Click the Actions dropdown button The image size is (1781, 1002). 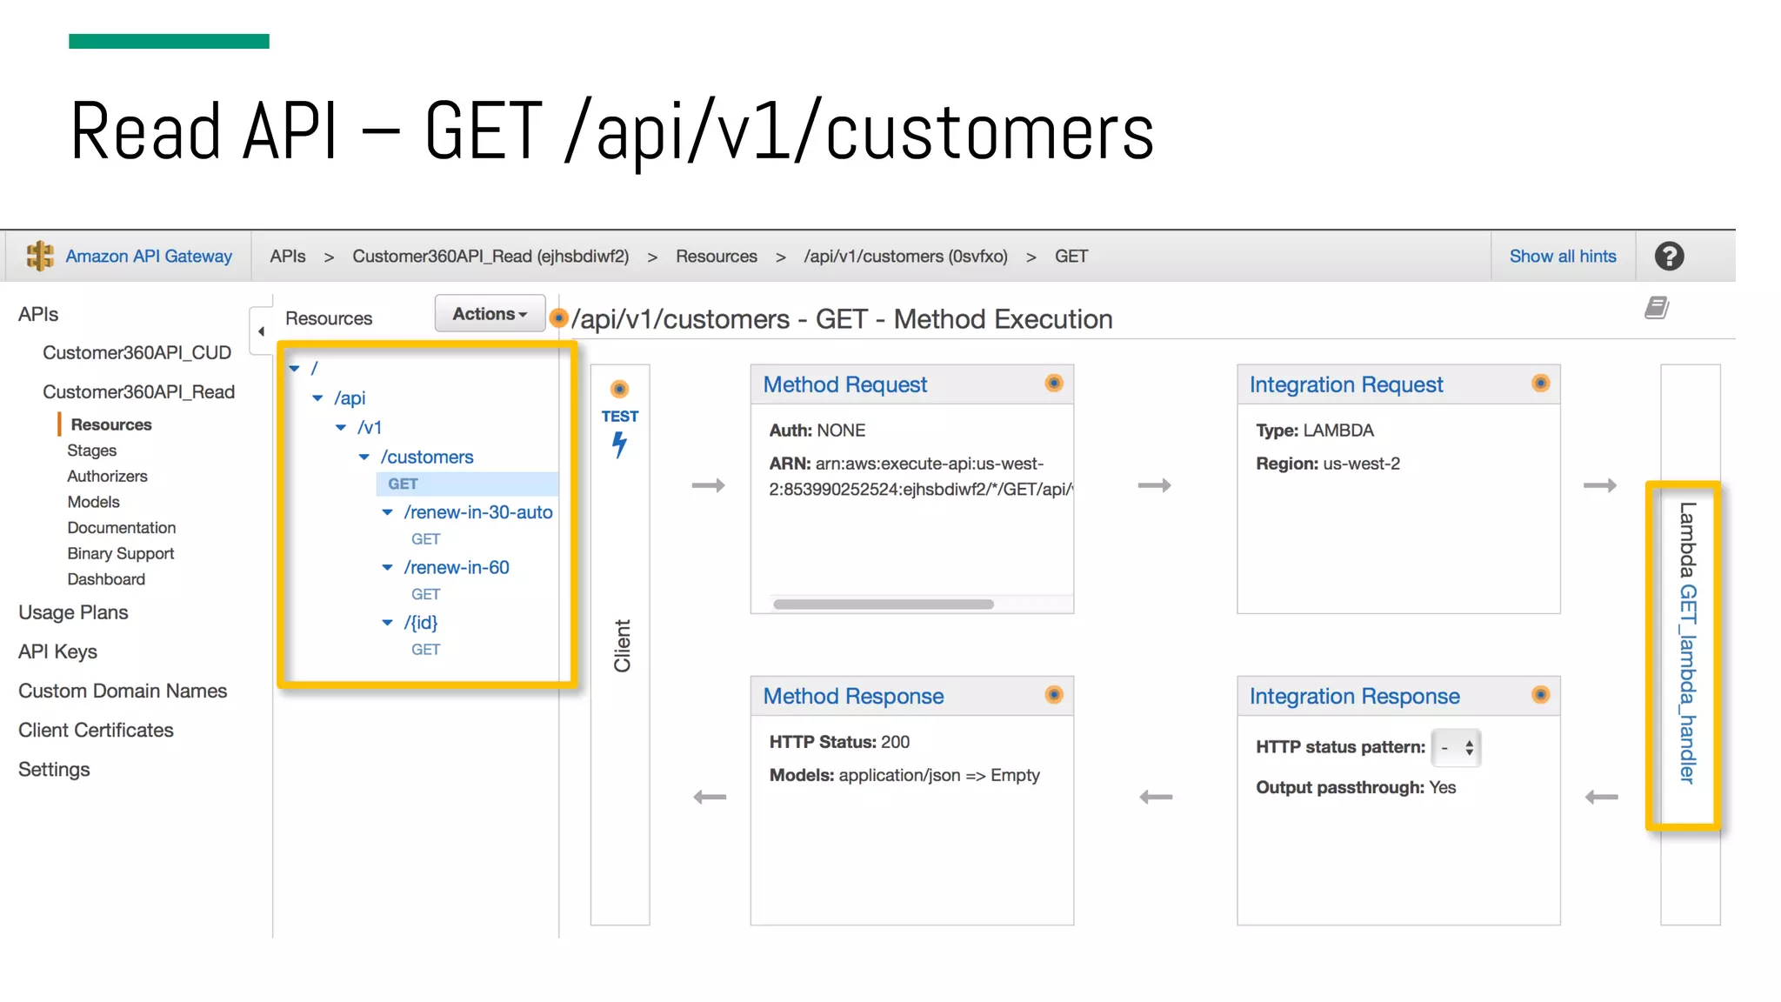click(x=490, y=314)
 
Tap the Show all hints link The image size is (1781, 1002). click(x=1563, y=257)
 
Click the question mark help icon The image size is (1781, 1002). click(x=1669, y=257)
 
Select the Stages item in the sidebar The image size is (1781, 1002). click(x=91, y=451)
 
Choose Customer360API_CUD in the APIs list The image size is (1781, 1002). click(x=137, y=353)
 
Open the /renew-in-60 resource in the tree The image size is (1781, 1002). click(x=457, y=568)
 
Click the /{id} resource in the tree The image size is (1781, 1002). click(x=421, y=623)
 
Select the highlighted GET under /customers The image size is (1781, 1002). click(x=403, y=484)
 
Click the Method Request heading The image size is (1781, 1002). click(x=844, y=384)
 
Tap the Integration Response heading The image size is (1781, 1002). click(x=1354, y=696)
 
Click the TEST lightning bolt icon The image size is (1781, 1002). click(x=619, y=444)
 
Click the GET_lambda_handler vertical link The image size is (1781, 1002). click(x=1687, y=684)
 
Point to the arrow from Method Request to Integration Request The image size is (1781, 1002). click(x=1154, y=485)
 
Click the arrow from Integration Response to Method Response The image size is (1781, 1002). click(x=1156, y=797)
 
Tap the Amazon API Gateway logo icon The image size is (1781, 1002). click(x=40, y=257)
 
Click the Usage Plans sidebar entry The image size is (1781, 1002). click(x=73, y=613)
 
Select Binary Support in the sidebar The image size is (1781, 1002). click(x=121, y=554)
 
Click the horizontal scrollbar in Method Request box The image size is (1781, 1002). click(x=883, y=605)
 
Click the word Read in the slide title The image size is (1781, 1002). click(x=145, y=132)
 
